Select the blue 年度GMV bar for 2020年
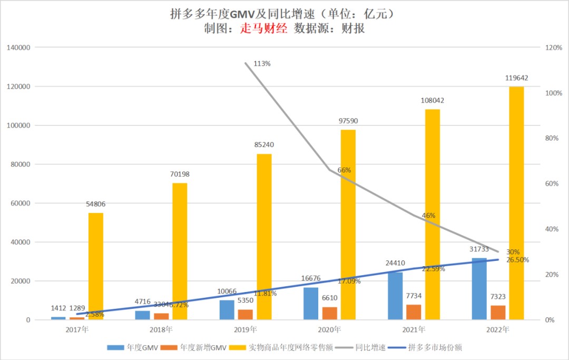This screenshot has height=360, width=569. click(x=311, y=304)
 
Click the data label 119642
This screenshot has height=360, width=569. click(x=516, y=77)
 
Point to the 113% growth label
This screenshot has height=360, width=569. click(x=262, y=64)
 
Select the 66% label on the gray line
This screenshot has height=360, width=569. click(x=344, y=170)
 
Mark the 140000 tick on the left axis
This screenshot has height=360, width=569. click(x=19, y=47)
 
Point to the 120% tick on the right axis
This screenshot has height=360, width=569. click(x=553, y=47)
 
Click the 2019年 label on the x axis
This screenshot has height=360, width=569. click(x=246, y=330)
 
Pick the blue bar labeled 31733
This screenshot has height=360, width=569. click(x=479, y=289)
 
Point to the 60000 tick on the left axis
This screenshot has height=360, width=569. click(x=22, y=203)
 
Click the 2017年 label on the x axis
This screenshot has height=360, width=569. click(x=77, y=330)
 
